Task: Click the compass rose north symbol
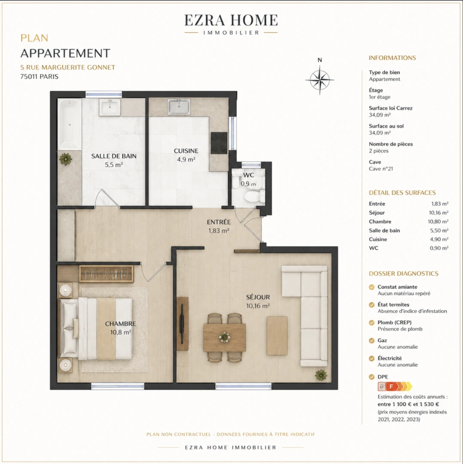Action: click(x=320, y=79)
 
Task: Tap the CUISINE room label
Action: click(x=186, y=151)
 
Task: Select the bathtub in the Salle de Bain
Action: click(x=70, y=124)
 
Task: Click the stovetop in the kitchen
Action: click(x=219, y=143)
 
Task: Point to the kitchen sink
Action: click(x=179, y=107)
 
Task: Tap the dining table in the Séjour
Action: click(x=225, y=337)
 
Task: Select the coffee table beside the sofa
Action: click(x=277, y=336)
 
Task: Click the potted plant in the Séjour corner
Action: click(x=321, y=375)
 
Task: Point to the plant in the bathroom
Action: click(x=65, y=159)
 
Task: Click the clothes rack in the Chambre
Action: click(x=106, y=274)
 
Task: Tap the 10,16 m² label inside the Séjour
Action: click(x=258, y=306)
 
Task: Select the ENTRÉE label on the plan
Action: click(x=219, y=222)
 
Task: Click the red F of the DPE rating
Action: click(x=391, y=387)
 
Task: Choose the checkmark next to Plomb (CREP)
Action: click(x=372, y=323)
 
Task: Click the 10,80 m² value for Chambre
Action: click(x=438, y=222)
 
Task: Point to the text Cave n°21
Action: click(x=381, y=169)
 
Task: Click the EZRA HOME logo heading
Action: click(x=231, y=21)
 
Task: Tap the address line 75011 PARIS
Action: click(x=40, y=76)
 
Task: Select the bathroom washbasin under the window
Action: click(x=110, y=107)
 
